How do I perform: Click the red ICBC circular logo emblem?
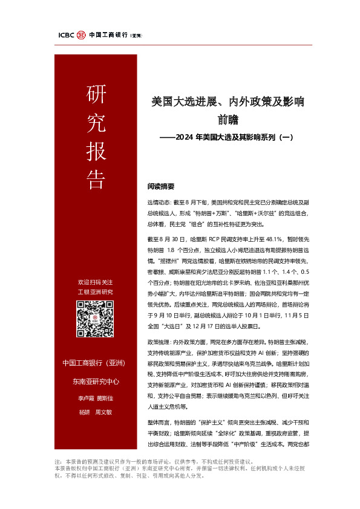click(81, 35)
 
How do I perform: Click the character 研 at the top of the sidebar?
click(94, 95)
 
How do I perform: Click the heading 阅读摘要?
click(160, 186)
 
